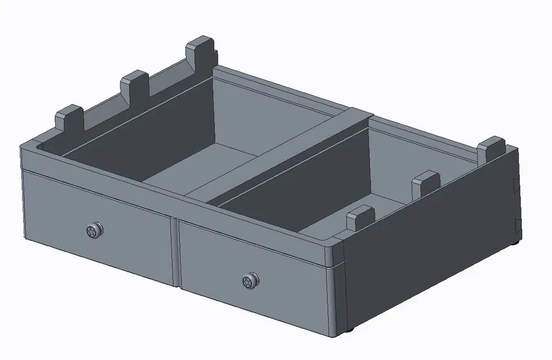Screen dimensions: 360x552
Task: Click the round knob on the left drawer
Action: pyautogui.click(x=93, y=231)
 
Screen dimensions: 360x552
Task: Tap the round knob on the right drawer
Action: pyautogui.click(x=250, y=282)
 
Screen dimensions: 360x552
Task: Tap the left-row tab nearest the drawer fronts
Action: pyautogui.click(x=70, y=118)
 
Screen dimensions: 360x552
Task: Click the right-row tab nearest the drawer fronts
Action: pyautogui.click(x=361, y=218)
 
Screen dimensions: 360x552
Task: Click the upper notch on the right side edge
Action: pyautogui.click(x=514, y=185)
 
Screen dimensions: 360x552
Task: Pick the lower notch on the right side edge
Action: pyautogui.click(x=516, y=226)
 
